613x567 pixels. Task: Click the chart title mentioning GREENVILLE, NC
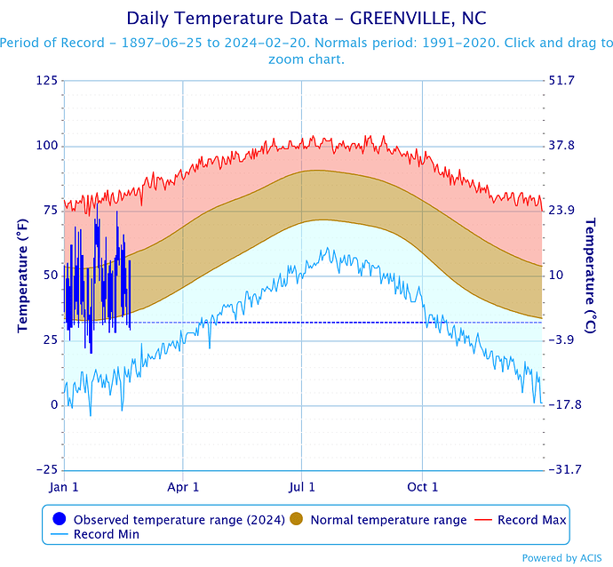click(306, 18)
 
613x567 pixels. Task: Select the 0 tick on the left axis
click(54, 405)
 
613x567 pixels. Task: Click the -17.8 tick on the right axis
click(566, 405)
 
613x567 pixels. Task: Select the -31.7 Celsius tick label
click(566, 470)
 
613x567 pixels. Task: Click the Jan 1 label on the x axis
click(64, 487)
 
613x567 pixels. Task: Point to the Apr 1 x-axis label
click(183, 487)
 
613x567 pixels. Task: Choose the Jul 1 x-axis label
click(302, 487)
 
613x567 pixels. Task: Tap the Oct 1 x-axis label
click(423, 487)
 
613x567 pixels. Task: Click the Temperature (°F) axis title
click(22, 276)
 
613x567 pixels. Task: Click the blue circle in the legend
click(60, 519)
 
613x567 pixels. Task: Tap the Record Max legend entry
click(531, 519)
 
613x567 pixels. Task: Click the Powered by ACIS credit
click(565, 558)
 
